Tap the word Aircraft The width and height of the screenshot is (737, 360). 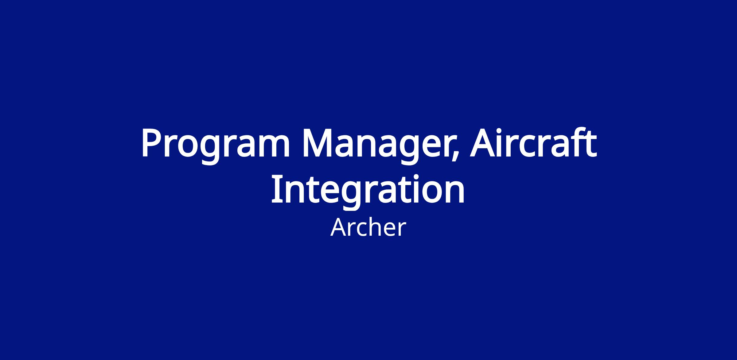pos(533,142)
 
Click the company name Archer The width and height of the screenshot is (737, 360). pos(368,227)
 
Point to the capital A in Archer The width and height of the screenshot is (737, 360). pos(338,227)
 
